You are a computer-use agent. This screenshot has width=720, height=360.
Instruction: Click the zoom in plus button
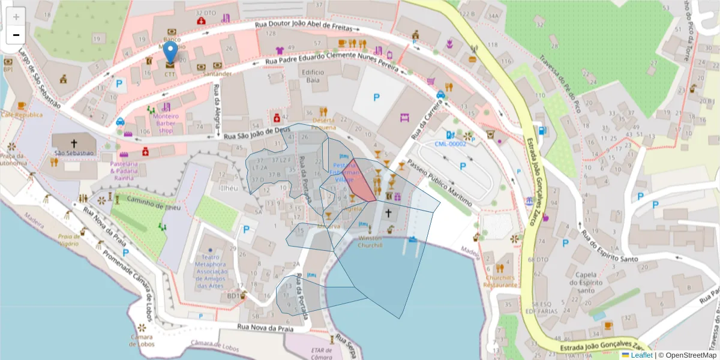[16, 17]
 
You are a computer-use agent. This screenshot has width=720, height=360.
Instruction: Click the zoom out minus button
[16, 35]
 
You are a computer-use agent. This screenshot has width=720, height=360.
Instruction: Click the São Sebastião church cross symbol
[74, 143]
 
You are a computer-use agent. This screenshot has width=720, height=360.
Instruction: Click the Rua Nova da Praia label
[265, 328]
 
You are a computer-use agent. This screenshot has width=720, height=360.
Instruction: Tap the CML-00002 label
[450, 144]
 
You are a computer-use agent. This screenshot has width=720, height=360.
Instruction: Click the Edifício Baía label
[312, 76]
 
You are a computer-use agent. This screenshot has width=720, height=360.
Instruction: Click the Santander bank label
[217, 74]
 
